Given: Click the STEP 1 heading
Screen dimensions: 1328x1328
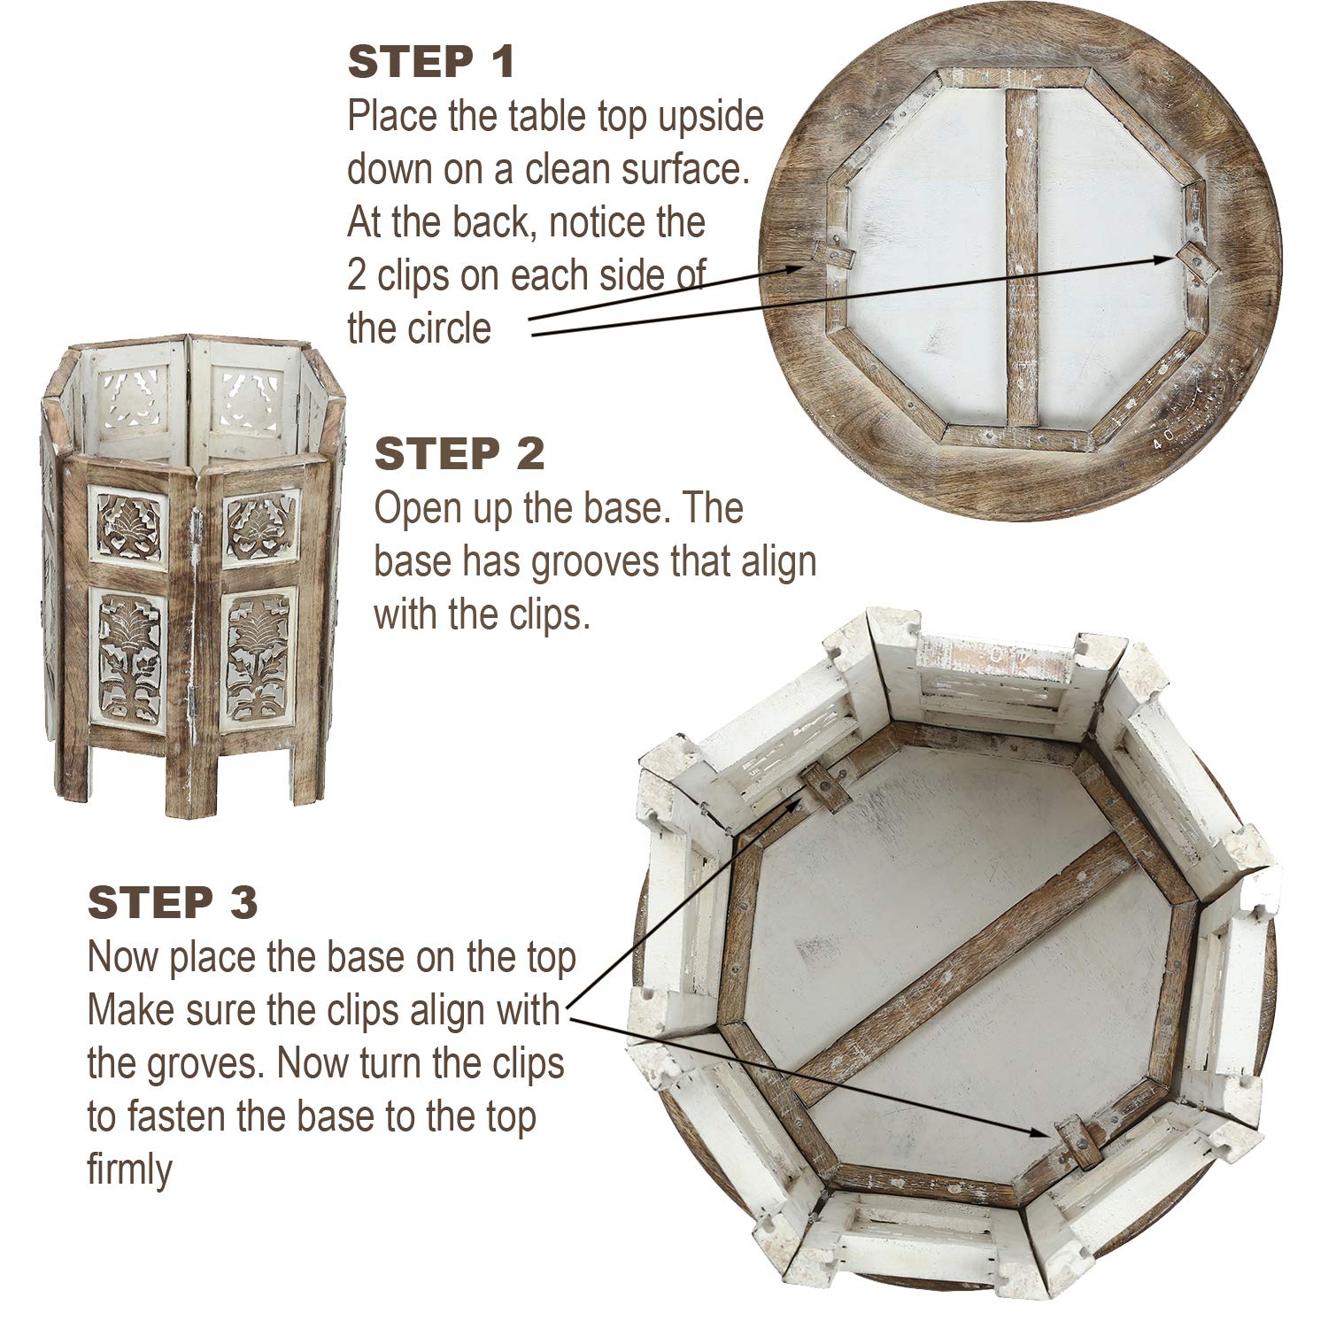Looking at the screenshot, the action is click(431, 63).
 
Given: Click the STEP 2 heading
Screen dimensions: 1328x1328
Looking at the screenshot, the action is click(459, 454).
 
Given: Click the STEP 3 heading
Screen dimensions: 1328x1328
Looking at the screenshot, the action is click(173, 902).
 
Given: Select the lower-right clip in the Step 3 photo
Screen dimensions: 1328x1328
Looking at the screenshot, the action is click(1075, 1140).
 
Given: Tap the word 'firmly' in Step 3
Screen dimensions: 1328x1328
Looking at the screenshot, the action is click(129, 1171).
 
